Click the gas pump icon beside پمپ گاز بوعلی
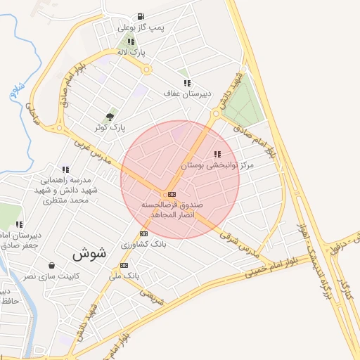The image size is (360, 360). point(141,16)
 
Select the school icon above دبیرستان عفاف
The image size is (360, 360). point(187,83)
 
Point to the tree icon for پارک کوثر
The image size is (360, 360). point(110,117)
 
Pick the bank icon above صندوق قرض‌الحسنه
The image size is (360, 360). point(172,193)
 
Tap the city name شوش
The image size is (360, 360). point(89,253)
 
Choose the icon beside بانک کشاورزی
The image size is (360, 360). point(144,233)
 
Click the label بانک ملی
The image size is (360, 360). point(127,276)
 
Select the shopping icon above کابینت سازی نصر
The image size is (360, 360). point(52,266)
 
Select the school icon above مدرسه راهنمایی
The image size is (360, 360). point(65,169)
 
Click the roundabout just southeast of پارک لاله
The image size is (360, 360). point(148,69)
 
